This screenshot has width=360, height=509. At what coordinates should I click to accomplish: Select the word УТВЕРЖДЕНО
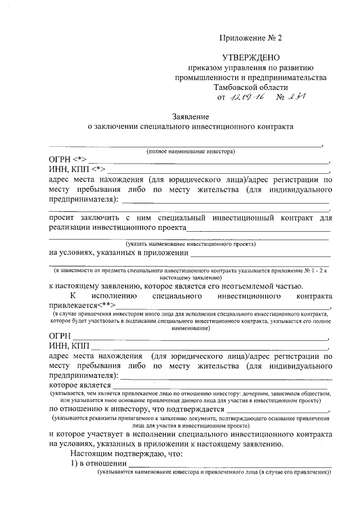pos(250,58)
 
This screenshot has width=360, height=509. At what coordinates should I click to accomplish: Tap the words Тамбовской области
pos(250,87)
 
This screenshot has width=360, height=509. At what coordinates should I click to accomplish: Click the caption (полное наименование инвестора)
pos(190,152)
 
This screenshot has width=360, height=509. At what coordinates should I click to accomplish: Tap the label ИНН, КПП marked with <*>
pos(77,170)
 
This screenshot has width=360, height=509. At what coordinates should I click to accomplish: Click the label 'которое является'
pos(80,385)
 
